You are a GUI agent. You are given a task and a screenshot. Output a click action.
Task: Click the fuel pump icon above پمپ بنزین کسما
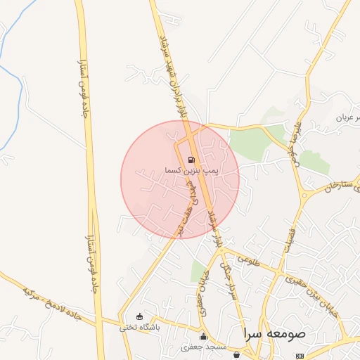click(x=192, y=160)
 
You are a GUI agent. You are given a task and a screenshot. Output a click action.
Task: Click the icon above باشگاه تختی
click(x=139, y=316)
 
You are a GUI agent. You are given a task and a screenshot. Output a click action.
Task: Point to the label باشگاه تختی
click(x=140, y=327)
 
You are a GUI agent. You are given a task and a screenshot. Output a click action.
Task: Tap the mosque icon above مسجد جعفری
click(x=204, y=336)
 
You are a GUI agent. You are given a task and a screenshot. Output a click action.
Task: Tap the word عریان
click(x=349, y=117)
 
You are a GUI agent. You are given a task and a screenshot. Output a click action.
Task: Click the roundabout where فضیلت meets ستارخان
click(x=304, y=193)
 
